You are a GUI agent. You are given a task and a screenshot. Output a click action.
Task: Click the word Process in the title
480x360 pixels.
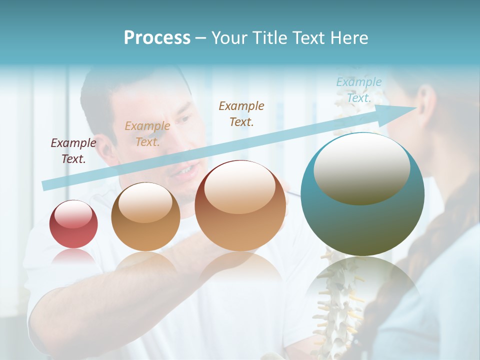click(157, 38)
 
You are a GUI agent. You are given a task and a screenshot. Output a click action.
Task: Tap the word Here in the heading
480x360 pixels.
click(348, 38)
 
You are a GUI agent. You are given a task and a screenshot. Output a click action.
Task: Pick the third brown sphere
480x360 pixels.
click(240, 206)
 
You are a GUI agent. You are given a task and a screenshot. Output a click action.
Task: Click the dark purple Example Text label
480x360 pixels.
click(73, 151)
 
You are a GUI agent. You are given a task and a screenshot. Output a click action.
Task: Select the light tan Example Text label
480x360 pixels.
click(147, 134)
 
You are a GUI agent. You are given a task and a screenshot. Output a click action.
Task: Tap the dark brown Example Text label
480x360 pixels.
click(241, 113)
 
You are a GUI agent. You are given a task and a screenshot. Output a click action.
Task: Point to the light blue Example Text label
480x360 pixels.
click(359, 90)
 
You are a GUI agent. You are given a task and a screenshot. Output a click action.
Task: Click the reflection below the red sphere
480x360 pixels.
click(73, 257)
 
